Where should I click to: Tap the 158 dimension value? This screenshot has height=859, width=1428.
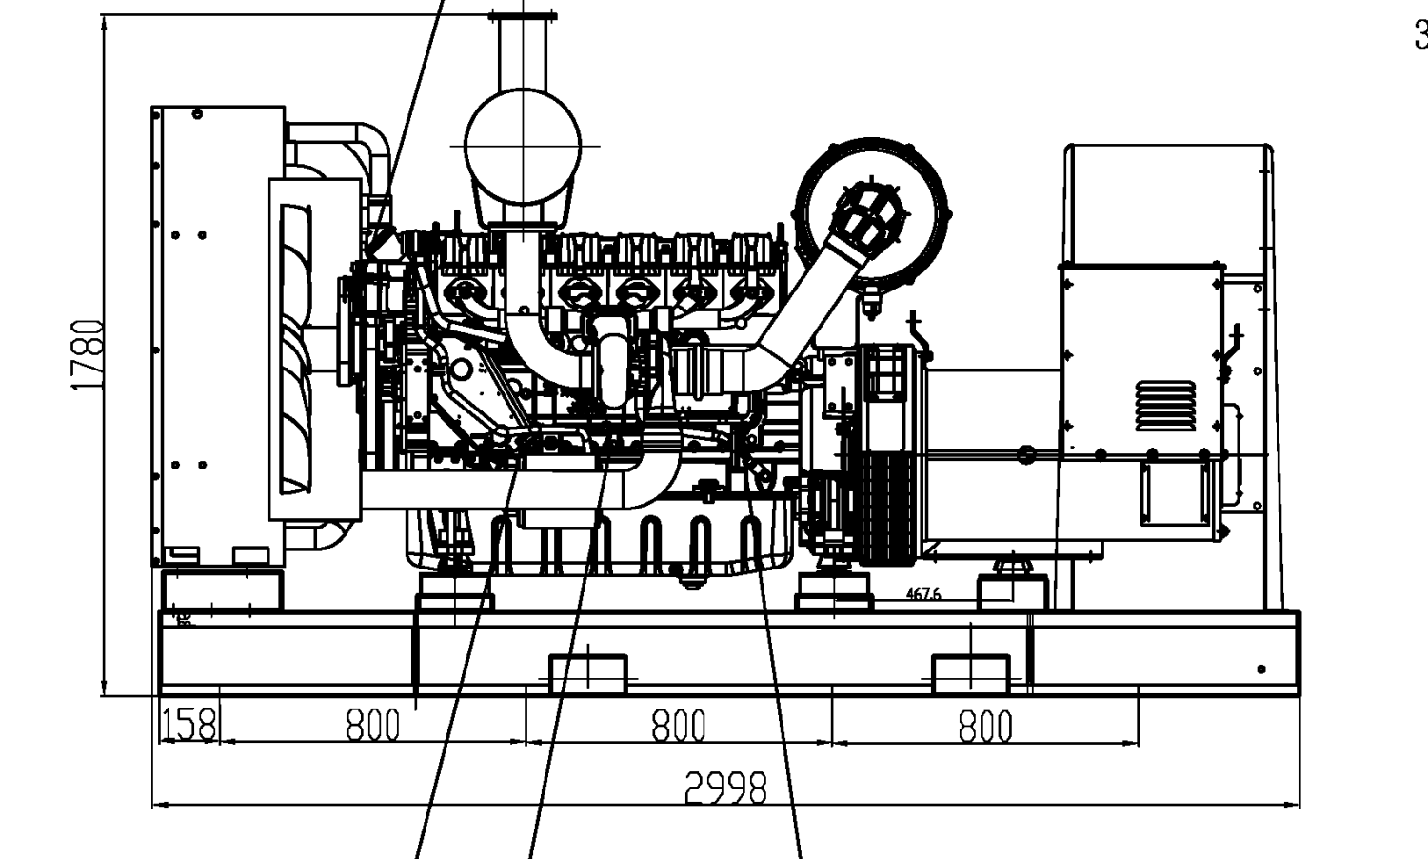click(x=188, y=725)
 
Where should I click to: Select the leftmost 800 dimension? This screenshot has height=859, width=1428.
click(x=372, y=726)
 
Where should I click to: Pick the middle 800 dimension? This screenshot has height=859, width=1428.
click(x=679, y=726)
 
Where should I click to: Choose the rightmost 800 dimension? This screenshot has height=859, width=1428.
click(x=985, y=726)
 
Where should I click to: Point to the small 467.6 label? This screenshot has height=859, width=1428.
click(x=922, y=594)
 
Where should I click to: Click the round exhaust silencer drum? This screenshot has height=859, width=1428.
click(x=523, y=146)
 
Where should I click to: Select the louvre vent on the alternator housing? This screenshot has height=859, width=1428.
click(x=1165, y=406)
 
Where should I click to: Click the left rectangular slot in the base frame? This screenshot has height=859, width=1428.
click(x=588, y=674)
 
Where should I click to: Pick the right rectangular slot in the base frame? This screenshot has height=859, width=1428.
click(x=970, y=674)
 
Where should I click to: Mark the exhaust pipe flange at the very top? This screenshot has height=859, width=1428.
click(x=522, y=14)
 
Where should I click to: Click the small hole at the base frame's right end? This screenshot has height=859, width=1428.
click(x=1261, y=669)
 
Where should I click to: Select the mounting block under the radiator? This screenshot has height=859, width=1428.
click(x=222, y=589)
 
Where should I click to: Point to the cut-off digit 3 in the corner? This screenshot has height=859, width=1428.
click(x=1420, y=36)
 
